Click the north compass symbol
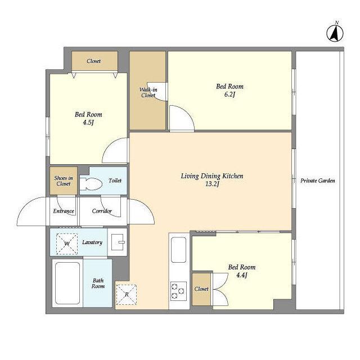pos(335,33)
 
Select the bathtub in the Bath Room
pos(67,283)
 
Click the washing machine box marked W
pos(67,244)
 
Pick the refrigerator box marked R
pos(126,295)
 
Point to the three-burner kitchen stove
pos(178,291)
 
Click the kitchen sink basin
pos(179,250)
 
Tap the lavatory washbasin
pos(118,242)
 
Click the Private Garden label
pos(317,181)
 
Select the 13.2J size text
pos(213,184)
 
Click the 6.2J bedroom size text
pos(229,94)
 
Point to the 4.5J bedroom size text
pos(88,123)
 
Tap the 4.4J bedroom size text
pos(241,275)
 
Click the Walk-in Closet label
pos(148,92)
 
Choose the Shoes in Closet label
pos(64,181)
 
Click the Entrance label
pos(64,211)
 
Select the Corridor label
pos(102,211)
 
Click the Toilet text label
pos(115,181)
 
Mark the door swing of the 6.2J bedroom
pos(182,119)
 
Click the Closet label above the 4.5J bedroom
pos(93,61)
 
